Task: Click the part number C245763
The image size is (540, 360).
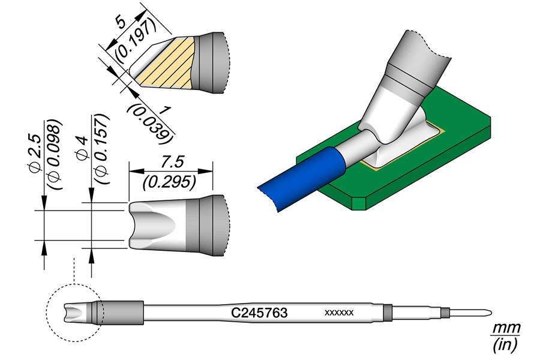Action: point(260,313)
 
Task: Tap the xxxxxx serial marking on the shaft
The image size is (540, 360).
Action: point(339,313)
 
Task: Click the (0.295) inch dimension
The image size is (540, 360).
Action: point(171,180)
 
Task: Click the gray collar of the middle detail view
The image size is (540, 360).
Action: point(207,225)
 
